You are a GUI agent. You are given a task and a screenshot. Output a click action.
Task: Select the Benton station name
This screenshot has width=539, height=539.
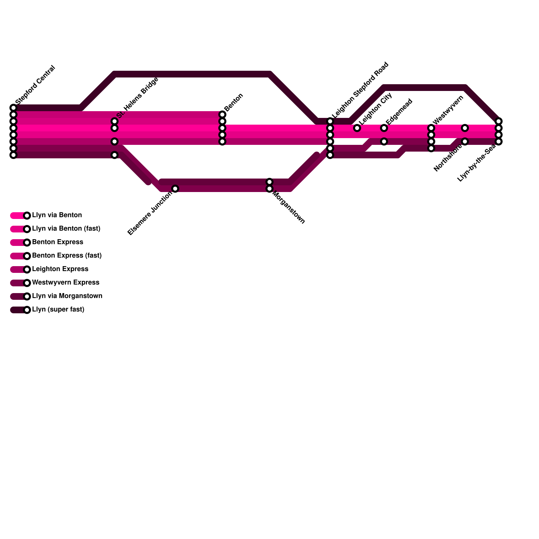[233, 102]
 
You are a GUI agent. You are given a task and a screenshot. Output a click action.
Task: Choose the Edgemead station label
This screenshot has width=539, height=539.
[399, 111]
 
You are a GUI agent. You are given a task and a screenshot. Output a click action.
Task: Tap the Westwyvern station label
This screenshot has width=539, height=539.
[448, 109]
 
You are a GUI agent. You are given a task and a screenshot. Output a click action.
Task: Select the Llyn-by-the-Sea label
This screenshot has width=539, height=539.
[476, 163]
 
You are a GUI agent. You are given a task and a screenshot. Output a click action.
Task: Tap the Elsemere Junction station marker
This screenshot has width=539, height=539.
[175, 189]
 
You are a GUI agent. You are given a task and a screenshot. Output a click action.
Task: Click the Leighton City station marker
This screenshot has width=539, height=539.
[357, 128]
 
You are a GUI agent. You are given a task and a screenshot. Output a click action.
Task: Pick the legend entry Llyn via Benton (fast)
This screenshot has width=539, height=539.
[66, 229]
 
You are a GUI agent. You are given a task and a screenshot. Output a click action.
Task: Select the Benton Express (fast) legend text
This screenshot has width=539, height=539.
[67, 256]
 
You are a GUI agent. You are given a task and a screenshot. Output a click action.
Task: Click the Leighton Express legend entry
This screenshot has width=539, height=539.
[60, 269]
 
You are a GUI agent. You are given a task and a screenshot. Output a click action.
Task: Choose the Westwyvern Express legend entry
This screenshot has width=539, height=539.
[65, 283]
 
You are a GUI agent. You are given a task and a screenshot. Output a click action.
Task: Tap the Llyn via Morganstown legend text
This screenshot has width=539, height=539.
[67, 296]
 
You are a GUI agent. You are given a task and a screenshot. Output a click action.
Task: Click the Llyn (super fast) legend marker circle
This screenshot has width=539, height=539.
[27, 310]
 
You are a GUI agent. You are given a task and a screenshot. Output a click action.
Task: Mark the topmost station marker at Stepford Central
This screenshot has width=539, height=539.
[13, 108]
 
